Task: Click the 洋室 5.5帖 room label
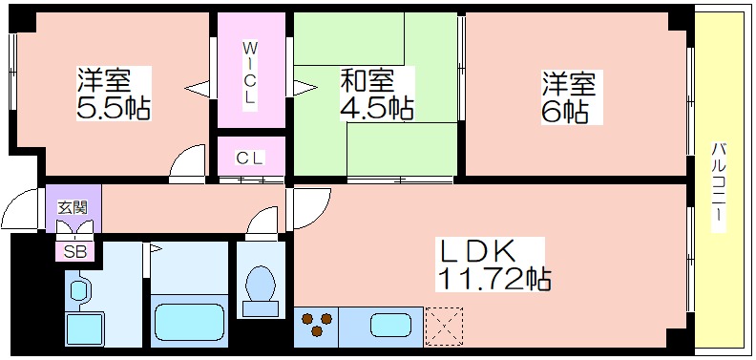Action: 114,93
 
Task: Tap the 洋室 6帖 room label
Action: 569,96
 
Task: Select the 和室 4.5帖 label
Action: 376,94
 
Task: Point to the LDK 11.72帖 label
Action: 493,265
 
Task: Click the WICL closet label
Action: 249,73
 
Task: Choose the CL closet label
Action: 250,159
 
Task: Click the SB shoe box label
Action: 73,251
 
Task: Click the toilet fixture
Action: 260,288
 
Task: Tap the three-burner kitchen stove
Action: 319,325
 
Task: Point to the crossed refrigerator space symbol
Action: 443,325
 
